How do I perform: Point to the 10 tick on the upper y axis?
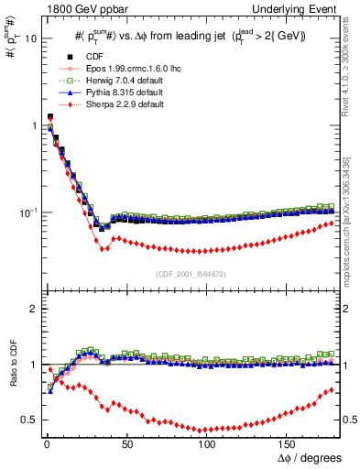(x=27, y=39)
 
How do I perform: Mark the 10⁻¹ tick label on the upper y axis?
(x=25, y=213)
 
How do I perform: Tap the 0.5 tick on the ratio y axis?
(x=27, y=420)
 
